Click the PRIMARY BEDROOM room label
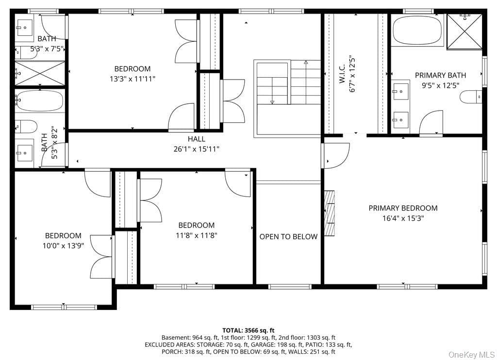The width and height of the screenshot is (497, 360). tap(403, 208)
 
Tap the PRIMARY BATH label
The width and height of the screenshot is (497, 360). tap(440, 75)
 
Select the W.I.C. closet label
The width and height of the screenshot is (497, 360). tap(342, 74)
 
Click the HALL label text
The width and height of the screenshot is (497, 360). tap(196, 139)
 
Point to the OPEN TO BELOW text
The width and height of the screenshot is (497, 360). tap(288, 237)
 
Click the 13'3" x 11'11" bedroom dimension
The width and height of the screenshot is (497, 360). tap(133, 79)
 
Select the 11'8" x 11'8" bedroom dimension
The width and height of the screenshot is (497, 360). tap(197, 235)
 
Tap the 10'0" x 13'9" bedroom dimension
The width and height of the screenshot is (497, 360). tap(64, 245)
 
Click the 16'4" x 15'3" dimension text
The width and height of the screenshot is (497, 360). tap(403, 218)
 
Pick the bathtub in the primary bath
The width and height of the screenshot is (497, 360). tap(417, 31)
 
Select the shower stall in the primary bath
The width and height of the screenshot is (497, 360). tap(464, 32)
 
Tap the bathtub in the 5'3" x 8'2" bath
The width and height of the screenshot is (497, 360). tap(39, 100)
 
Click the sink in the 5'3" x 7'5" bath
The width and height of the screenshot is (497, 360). tap(24, 28)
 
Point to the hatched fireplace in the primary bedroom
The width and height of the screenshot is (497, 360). tap(330, 213)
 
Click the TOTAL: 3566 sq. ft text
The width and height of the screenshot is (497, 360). tap(248, 330)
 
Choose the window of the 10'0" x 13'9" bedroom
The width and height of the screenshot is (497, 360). tap(64, 307)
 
